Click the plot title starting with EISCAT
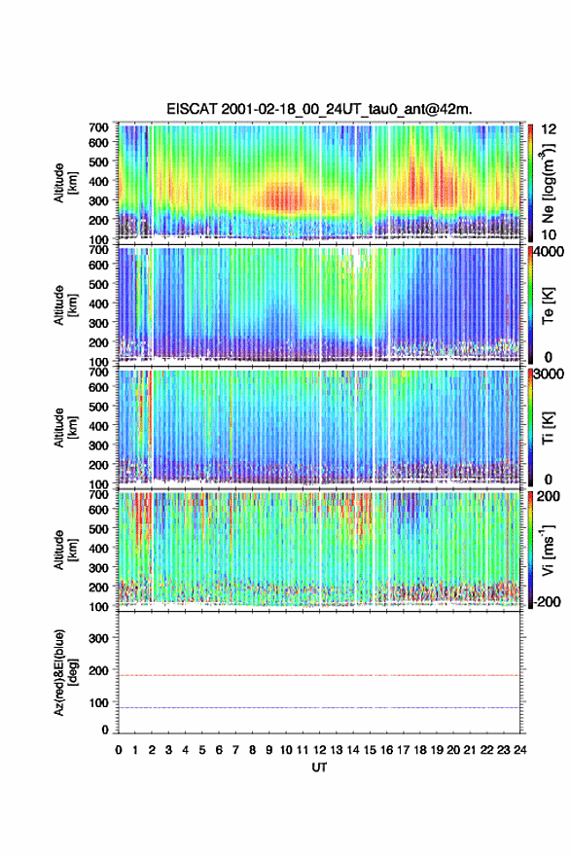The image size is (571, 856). click(319, 109)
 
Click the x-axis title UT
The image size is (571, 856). click(319, 767)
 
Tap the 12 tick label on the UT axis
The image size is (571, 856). click(319, 750)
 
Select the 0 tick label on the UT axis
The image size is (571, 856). click(119, 750)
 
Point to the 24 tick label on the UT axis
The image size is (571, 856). click(519, 750)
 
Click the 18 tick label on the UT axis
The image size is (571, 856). click(420, 750)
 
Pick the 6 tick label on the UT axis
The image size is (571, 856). click(219, 750)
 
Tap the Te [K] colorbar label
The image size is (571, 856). click(548, 305)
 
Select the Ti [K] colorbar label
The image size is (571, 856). click(548, 428)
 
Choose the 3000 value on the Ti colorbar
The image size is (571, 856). click(550, 374)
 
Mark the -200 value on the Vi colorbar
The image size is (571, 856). click(545, 601)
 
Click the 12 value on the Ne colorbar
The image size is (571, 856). click(550, 129)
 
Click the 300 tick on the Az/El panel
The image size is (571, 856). click(99, 638)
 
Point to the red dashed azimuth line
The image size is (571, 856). click(319, 675)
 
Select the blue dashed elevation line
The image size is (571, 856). click(319, 707)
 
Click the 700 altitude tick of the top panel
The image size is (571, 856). click(99, 127)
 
